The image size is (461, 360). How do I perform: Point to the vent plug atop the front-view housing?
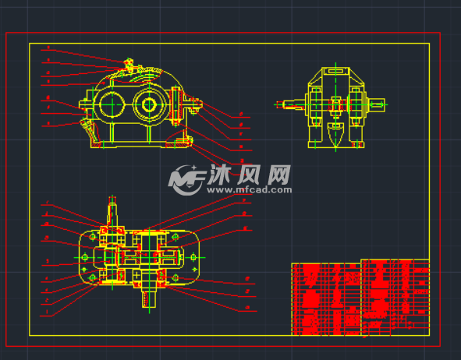pyautogui.click(x=127, y=62)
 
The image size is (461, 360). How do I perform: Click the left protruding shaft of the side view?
pyautogui.click(x=286, y=103)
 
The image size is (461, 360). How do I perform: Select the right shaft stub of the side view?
pyautogui.click(x=378, y=103)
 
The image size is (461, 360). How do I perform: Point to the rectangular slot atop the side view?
pyautogui.click(x=336, y=72)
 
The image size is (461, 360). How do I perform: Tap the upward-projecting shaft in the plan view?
pyautogui.click(x=112, y=211)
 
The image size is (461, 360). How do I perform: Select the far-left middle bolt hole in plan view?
pyautogui.click(x=84, y=256)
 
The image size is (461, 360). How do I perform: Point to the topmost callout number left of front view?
pyautogui.click(x=48, y=48)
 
